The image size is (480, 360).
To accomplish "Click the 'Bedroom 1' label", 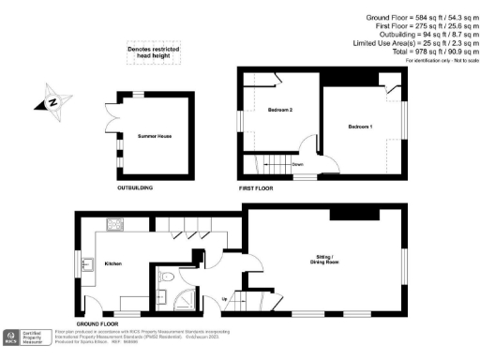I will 360,126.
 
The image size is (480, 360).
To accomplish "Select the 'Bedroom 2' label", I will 280,111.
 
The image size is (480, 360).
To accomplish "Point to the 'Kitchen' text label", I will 113,263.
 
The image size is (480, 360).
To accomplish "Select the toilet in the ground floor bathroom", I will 164,278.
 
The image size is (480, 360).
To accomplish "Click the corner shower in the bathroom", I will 186,299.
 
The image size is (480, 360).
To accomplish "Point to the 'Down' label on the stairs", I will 297,164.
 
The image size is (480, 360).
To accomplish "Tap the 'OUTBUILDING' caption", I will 135,187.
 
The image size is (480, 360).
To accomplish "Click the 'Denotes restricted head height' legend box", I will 153,54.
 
